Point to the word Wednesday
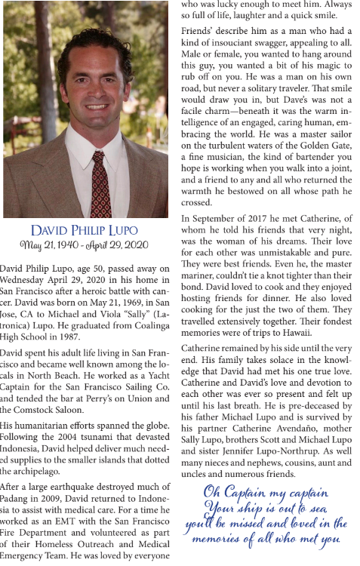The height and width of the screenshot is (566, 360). coord(28,277)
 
